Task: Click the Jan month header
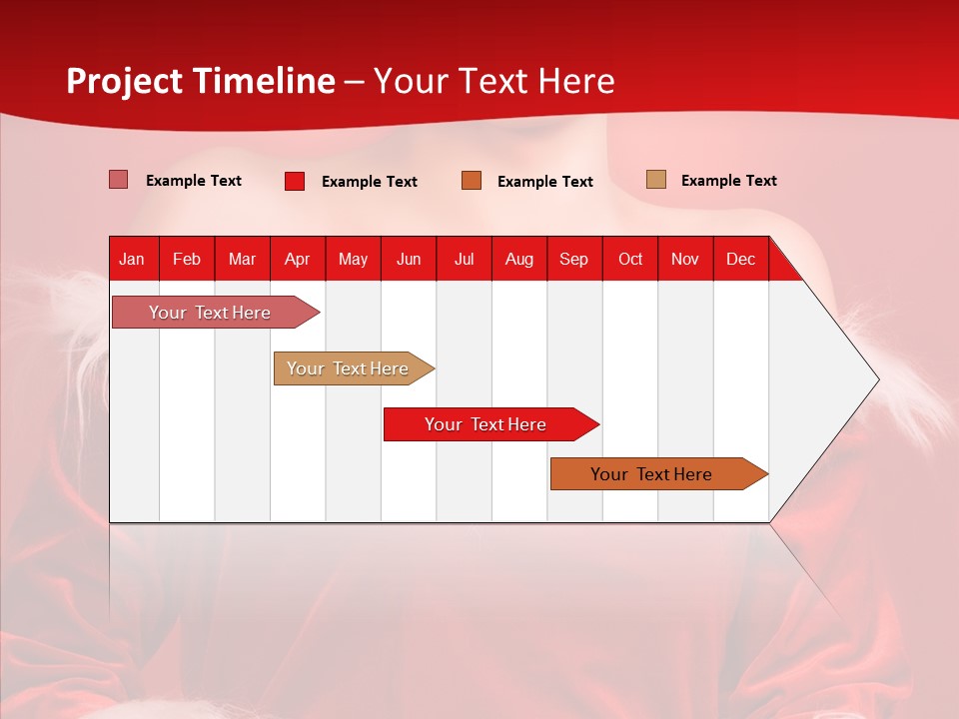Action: [132, 260]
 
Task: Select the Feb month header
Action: [187, 260]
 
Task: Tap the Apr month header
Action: [298, 260]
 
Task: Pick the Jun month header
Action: [409, 260]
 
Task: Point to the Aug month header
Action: [519, 260]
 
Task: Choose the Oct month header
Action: [630, 260]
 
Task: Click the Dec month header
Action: [740, 260]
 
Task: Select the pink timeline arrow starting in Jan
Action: [216, 312]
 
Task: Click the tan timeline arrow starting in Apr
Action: [354, 368]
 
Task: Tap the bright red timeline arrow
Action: [491, 423]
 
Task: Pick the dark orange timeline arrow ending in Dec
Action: [659, 473]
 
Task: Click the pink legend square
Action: [118, 180]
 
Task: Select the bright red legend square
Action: [295, 181]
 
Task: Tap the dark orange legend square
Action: [472, 181]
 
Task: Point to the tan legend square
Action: [656, 179]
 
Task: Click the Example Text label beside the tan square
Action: [729, 181]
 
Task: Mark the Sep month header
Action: [573, 260]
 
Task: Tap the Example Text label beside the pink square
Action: [194, 181]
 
